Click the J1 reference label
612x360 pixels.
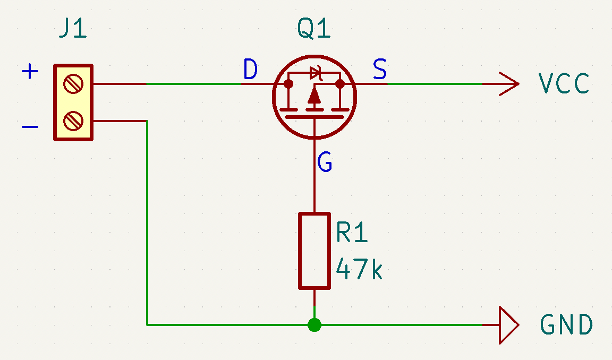(x=73, y=30)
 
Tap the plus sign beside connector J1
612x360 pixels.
(x=30, y=71)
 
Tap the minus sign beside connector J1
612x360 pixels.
(x=30, y=127)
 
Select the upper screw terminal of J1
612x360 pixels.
(x=73, y=84)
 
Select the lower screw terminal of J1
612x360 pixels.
(x=73, y=121)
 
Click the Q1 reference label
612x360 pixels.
(x=314, y=30)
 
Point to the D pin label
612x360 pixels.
(x=250, y=70)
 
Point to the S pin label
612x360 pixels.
(x=380, y=70)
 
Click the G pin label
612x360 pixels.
(x=325, y=162)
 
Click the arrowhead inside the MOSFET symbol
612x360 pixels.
(x=314, y=96)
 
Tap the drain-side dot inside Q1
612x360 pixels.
(x=288, y=84)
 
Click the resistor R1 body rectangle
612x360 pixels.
(x=314, y=251)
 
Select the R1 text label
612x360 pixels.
(x=352, y=233)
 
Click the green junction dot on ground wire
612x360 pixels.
(x=314, y=324)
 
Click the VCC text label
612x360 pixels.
(x=564, y=84)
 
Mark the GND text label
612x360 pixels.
(x=566, y=324)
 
